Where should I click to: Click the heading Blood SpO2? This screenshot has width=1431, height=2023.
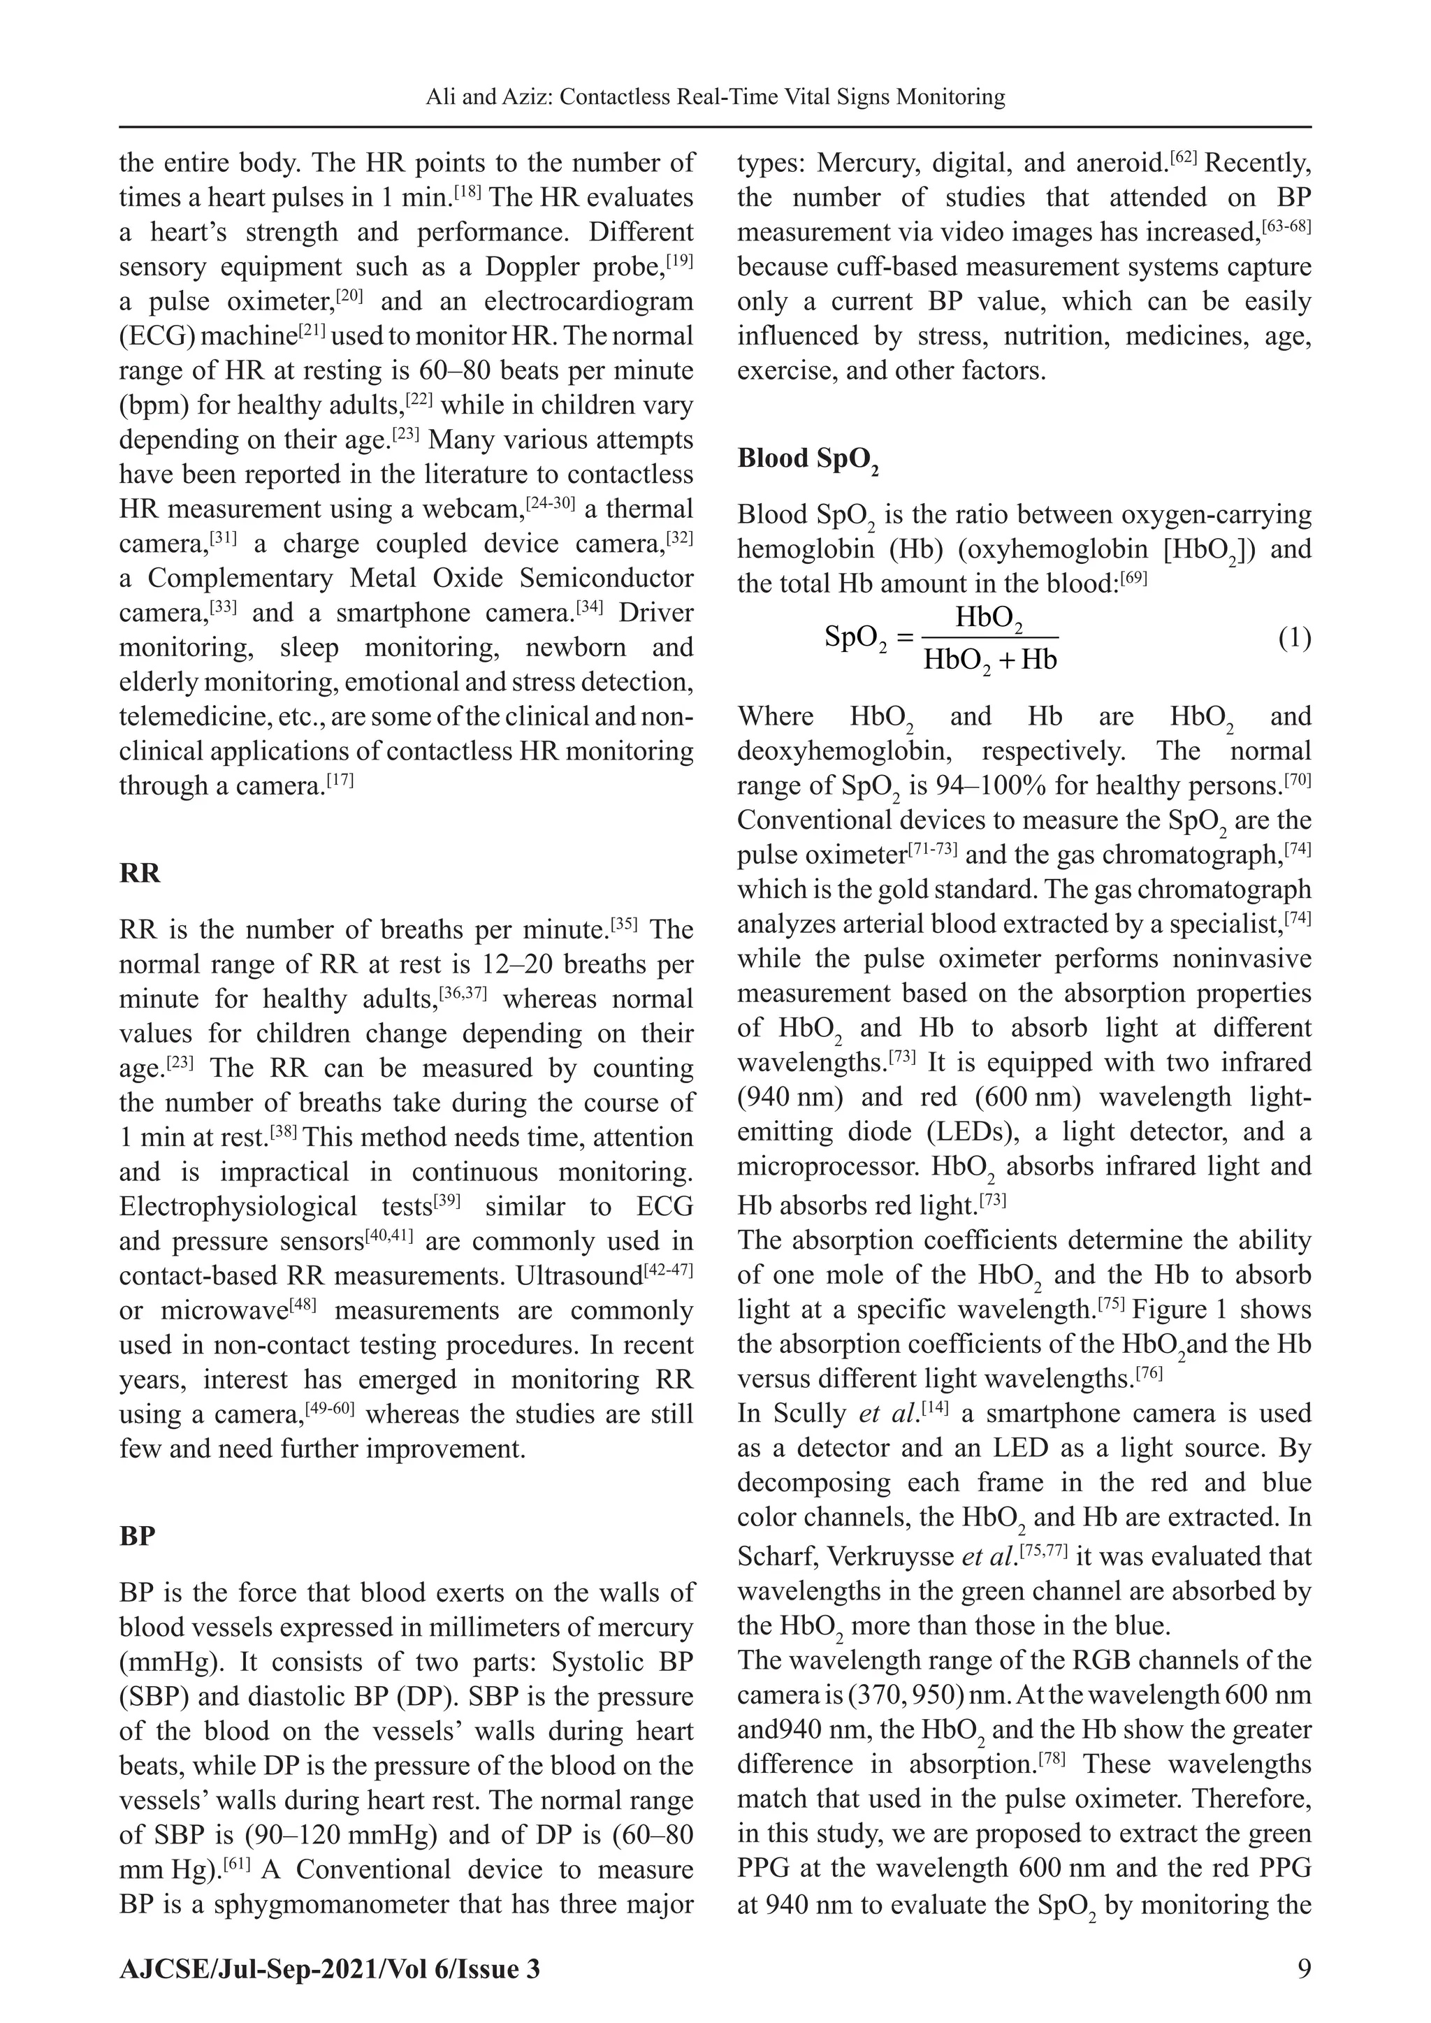click(x=806, y=459)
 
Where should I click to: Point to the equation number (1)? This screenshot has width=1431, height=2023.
click(x=1293, y=638)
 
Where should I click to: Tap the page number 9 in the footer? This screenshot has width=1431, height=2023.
click(x=1303, y=1968)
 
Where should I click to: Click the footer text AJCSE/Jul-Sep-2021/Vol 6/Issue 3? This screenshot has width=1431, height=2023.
click(x=330, y=1968)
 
